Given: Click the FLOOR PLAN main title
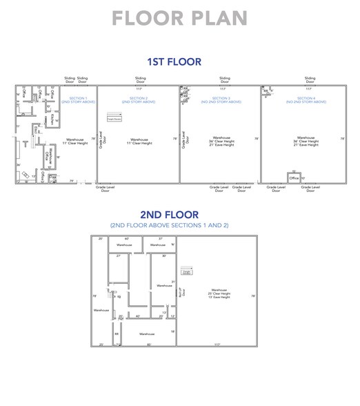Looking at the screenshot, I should pos(179,18).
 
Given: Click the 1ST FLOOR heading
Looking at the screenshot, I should pos(179,62).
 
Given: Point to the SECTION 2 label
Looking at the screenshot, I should pos(138,99).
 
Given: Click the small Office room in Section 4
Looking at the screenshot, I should pos(294,178).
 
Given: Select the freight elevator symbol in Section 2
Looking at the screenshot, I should pos(114,117).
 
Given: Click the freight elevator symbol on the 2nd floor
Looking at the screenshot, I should pos(186,271).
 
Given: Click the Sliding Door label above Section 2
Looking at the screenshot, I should pos(140,80).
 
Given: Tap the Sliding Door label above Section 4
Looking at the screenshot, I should pos(310,80).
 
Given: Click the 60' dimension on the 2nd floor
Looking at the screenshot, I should pos(126,238).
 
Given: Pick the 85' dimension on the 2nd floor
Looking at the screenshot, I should pos(148,344).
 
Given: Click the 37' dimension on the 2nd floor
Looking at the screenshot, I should pos(160,238).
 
